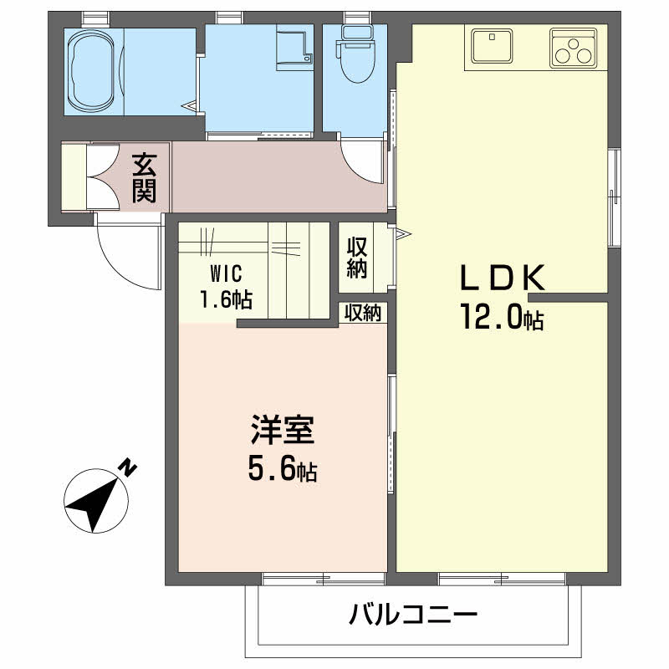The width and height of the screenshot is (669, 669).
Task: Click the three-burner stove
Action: click(573, 49)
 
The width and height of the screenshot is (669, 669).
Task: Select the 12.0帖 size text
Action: click(499, 317)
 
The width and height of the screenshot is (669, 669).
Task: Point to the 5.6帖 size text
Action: click(282, 470)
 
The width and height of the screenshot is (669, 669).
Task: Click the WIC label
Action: click(226, 273)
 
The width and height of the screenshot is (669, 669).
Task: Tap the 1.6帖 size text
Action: click(226, 298)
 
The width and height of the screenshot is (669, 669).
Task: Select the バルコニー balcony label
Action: click(412, 617)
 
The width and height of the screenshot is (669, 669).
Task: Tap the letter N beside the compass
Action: click(127, 468)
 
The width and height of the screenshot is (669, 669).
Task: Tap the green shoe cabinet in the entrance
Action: click(74, 177)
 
